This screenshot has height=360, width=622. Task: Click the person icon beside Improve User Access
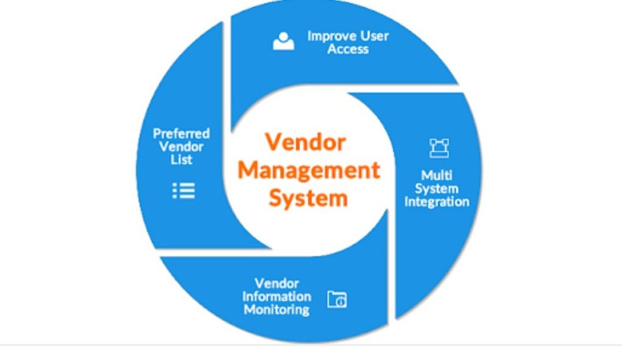point(283,41)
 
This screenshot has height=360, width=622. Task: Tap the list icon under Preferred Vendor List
point(183,191)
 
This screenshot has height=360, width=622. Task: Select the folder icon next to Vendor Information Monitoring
point(337,299)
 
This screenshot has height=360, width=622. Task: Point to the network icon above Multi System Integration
point(438,148)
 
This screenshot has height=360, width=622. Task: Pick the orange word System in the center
point(309,198)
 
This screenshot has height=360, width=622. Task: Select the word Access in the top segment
point(348,49)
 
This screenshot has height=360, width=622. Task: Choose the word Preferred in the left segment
point(181,134)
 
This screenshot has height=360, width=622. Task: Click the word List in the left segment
point(182,160)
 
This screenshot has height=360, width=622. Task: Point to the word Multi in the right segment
point(437,175)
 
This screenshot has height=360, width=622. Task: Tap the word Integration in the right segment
point(437,202)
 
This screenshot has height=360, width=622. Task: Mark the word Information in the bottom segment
point(276,296)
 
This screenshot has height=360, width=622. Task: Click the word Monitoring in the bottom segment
point(276,310)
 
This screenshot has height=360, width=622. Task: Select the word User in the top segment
point(374,36)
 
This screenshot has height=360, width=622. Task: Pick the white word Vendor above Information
point(276,283)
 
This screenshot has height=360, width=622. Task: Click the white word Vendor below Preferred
point(181,147)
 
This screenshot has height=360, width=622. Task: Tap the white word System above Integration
point(437,188)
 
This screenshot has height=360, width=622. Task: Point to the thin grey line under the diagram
point(311,344)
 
